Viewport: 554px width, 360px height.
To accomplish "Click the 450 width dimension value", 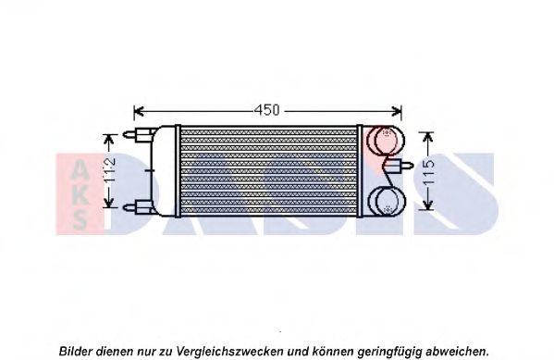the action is (266, 110).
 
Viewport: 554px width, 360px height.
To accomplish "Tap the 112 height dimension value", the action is (110, 170).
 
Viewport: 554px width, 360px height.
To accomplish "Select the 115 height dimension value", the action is (428, 172).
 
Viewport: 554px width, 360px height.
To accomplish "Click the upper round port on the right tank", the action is (387, 140).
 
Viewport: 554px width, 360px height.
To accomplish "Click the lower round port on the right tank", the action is (387, 201).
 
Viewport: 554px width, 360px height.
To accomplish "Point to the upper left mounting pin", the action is (138, 134).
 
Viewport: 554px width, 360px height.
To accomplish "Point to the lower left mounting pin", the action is (138, 207).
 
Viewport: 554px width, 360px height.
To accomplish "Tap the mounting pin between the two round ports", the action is (400, 165).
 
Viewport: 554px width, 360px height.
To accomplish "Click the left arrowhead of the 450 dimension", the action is (139, 111).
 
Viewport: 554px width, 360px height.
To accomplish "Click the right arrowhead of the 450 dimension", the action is (397, 111).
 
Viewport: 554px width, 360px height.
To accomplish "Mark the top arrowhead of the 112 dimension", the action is (109, 139).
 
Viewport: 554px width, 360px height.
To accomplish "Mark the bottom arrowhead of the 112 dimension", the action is (109, 203).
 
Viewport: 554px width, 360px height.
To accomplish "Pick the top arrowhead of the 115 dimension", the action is (428, 136).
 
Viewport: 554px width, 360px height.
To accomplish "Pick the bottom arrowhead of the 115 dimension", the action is (428, 205).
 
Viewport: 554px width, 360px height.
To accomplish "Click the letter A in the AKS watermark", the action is (80, 168).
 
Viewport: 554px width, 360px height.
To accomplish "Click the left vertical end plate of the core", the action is (178, 171).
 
